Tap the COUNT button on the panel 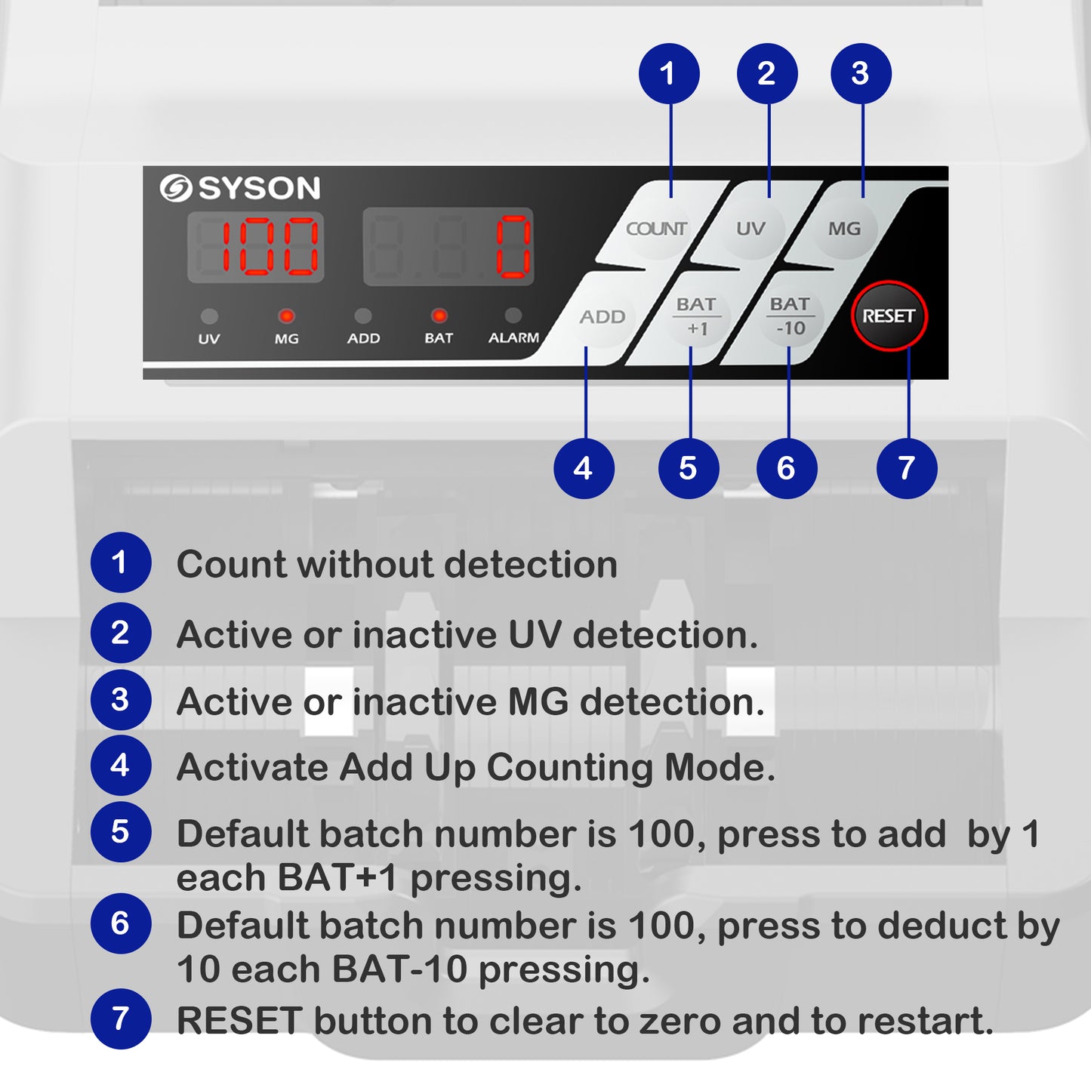pos(656,229)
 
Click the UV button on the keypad pos(750,229)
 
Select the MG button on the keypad pos(843,229)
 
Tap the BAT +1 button pos(696,316)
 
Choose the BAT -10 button pos(790,316)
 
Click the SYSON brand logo pos(240,188)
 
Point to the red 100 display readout pos(257,247)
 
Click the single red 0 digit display pos(513,247)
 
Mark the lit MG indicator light pos(286,316)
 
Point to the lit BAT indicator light pos(439,316)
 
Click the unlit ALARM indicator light pos(513,315)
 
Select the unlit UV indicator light pos(209,316)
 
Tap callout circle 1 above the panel pos(669,74)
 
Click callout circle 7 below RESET pos(907,468)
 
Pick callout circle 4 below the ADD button pos(584,468)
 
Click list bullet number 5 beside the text pos(121,832)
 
